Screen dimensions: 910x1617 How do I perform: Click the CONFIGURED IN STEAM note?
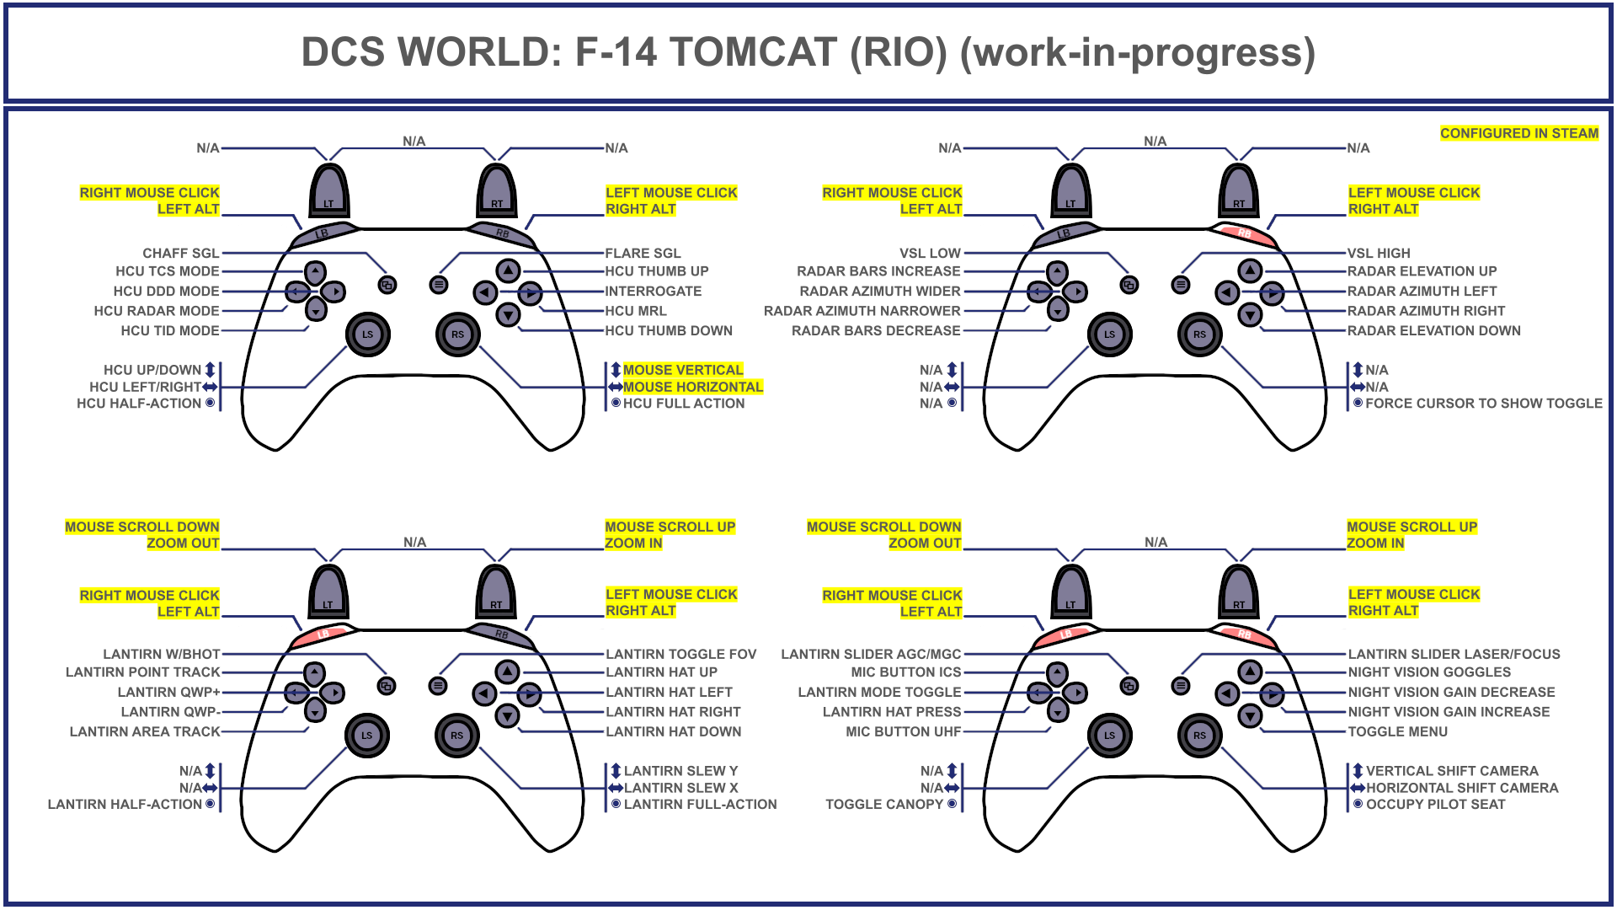coord(1518,133)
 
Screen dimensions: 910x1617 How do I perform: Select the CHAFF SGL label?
coord(180,253)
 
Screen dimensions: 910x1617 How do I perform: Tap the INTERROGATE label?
coord(653,291)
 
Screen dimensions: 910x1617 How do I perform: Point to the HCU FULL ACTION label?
coord(683,404)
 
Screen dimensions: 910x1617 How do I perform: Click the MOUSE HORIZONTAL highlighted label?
coord(692,387)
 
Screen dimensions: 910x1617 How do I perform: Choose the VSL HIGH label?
coord(1378,253)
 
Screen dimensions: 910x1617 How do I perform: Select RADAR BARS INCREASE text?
coord(878,271)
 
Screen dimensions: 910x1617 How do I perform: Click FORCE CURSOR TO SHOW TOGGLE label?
coord(1483,404)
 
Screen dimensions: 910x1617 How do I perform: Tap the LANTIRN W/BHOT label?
coord(162,654)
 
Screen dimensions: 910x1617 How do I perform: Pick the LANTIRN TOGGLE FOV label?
coord(680,654)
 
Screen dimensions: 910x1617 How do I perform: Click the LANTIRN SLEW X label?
coord(680,788)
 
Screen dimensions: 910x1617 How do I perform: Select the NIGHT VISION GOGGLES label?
coord(1429,672)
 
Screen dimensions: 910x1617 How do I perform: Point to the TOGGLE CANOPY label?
coord(883,805)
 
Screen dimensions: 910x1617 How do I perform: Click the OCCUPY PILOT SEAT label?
coord(1435,805)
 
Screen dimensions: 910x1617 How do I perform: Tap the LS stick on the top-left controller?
coord(367,335)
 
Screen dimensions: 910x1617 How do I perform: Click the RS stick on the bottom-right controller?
coord(1199,736)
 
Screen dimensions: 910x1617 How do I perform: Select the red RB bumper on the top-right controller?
coord(1245,233)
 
